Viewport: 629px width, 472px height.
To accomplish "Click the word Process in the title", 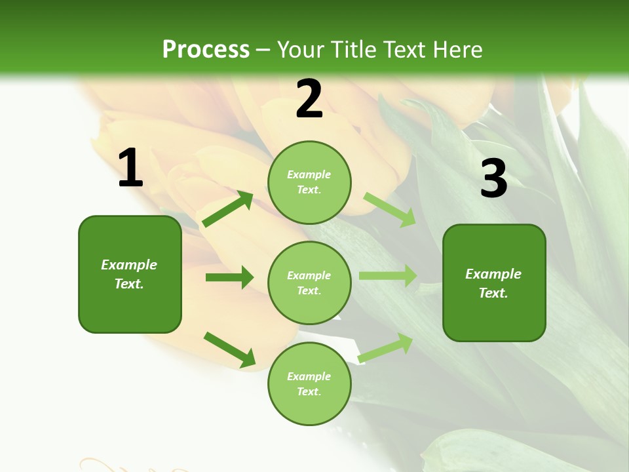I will (206, 50).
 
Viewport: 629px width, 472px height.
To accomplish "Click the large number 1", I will (130, 169).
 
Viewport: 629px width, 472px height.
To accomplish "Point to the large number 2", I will (309, 100).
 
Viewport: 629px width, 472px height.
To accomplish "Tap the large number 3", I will (493, 178).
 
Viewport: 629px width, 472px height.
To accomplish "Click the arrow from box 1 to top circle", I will (227, 209).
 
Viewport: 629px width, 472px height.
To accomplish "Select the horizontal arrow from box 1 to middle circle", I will (229, 277).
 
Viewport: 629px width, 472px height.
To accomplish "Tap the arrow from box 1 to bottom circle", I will (229, 349).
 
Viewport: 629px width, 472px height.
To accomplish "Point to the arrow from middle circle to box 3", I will (387, 276).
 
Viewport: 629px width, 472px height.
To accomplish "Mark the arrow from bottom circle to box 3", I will (386, 348).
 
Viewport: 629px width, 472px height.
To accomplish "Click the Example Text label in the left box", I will (129, 274).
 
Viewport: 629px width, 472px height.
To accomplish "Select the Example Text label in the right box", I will (493, 283).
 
